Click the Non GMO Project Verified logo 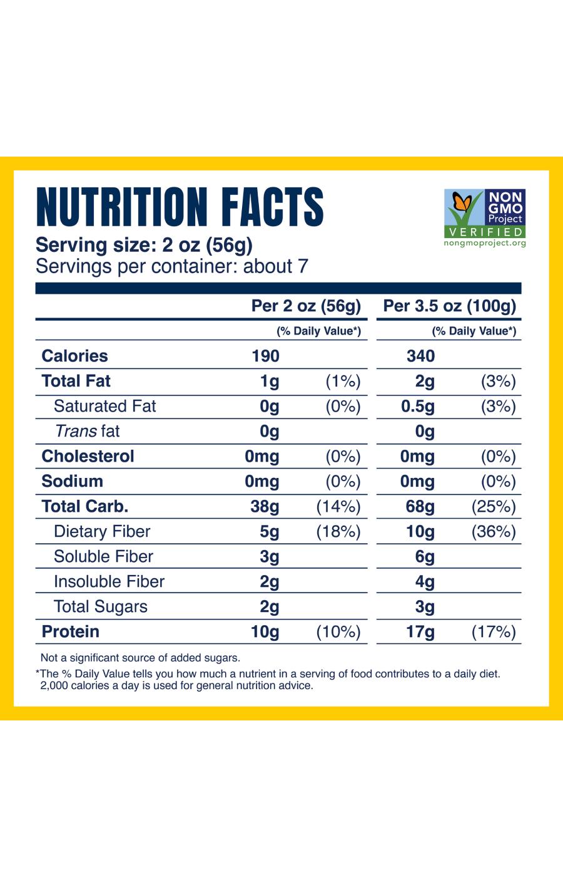(484, 217)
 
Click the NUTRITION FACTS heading (180, 206)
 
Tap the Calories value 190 (265, 356)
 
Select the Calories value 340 (420, 356)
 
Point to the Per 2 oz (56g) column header (306, 306)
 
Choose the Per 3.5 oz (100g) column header (449, 306)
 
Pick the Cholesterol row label (88, 456)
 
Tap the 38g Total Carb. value (265, 506)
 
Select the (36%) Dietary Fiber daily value (494, 531)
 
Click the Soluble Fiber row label (103, 556)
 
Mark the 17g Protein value (420, 631)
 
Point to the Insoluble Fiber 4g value (425, 581)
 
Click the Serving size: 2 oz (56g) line (144, 244)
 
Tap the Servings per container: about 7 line (172, 266)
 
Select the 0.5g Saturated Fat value (417, 406)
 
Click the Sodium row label (72, 481)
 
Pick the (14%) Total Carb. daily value (338, 506)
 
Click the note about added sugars (140, 658)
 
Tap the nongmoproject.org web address (484, 243)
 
